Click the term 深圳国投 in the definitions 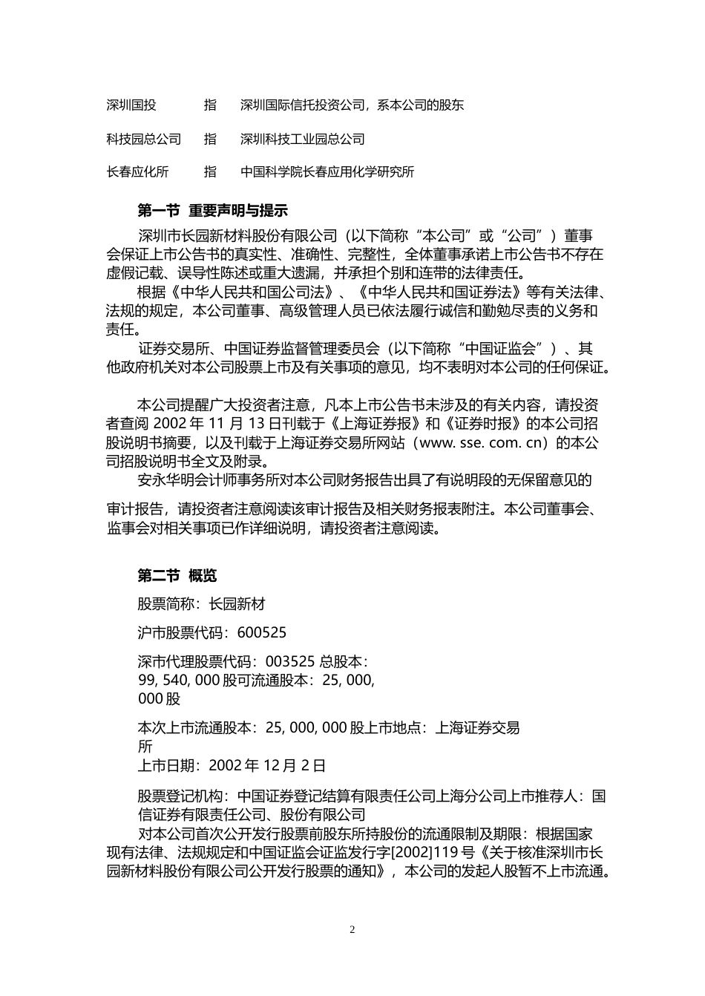click(x=131, y=105)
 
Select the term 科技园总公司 click(x=144, y=139)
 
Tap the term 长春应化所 click(x=138, y=172)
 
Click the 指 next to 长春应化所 click(x=211, y=172)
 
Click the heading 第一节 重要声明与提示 click(x=213, y=211)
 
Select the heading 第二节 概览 click(x=177, y=575)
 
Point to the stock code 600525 click(x=261, y=633)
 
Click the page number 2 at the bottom click(x=352, y=930)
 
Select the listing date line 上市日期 click(x=232, y=765)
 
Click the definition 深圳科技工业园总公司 click(x=303, y=139)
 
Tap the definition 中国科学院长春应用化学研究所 click(x=327, y=172)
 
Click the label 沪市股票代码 click(x=183, y=633)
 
